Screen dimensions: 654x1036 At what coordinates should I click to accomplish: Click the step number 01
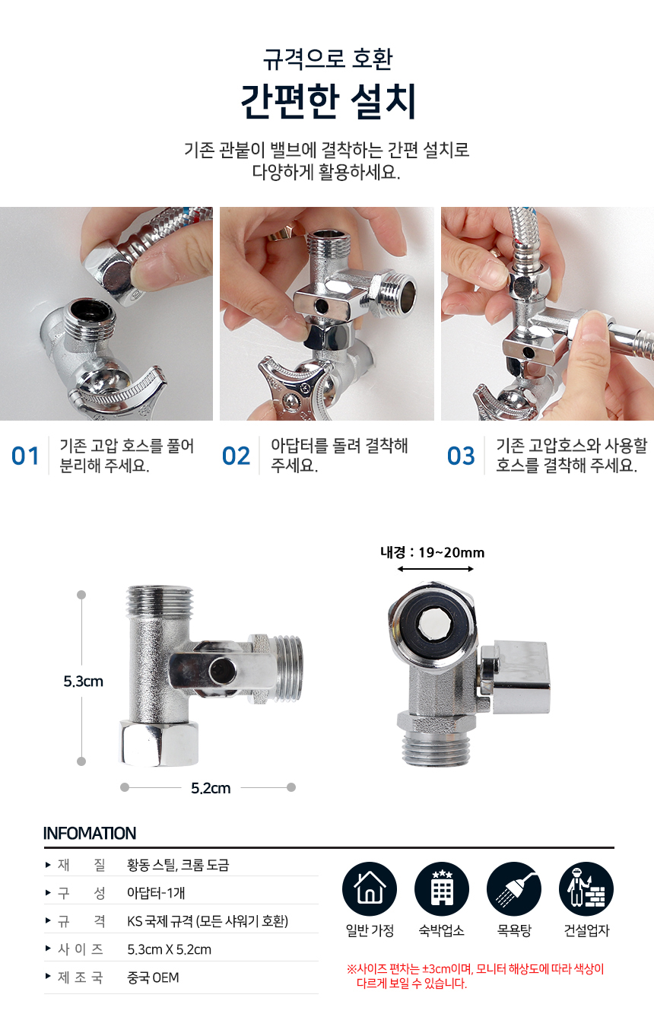(25, 456)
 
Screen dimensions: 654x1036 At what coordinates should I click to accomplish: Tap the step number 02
(236, 456)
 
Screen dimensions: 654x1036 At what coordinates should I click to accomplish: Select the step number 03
(461, 456)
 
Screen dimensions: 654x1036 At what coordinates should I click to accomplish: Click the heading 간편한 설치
(328, 101)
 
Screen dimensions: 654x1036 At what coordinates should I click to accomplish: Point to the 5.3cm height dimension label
(83, 682)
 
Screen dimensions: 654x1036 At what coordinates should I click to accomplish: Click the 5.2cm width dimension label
(211, 788)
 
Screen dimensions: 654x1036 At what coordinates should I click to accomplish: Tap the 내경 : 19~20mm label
(433, 552)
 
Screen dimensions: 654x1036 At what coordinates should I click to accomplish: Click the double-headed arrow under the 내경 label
(435, 569)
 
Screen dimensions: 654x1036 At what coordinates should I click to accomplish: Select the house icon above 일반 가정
(370, 889)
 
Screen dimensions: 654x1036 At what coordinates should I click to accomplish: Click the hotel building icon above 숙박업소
(442, 889)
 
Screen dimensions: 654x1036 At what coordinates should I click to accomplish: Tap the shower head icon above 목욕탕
(514, 889)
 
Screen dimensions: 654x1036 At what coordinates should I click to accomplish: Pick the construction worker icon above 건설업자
(586, 889)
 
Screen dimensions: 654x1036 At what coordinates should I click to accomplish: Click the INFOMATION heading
(90, 834)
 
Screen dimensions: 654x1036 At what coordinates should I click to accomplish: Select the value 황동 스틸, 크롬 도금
(178, 865)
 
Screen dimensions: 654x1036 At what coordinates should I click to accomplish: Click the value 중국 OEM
(153, 977)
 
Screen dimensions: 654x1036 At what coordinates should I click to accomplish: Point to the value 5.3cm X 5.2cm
(170, 949)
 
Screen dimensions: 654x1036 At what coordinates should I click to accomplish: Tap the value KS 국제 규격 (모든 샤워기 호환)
(208, 921)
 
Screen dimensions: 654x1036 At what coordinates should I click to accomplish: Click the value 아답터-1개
(156, 893)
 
